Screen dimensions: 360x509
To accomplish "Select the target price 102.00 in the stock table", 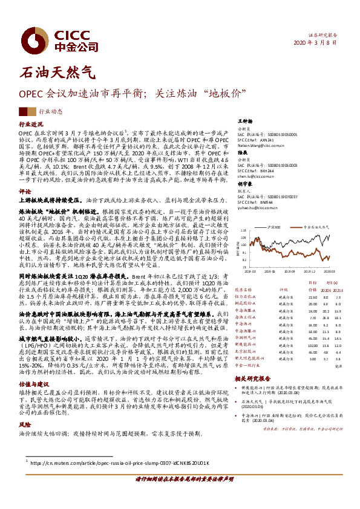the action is [313, 345].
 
